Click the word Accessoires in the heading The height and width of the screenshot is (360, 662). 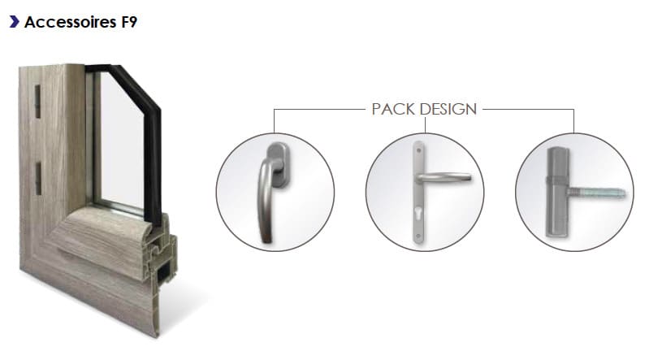(70, 22)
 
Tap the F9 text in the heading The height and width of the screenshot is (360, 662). (129, 22)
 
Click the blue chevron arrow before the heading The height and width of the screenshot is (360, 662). (15, 22)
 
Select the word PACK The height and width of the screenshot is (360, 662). (393, 109)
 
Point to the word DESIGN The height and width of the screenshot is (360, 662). (448, 109)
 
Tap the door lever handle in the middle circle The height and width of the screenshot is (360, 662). (443, 177)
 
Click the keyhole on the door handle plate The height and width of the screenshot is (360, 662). (418, 210)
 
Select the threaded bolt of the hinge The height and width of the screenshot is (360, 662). (596, 193)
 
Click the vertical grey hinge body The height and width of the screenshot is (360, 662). (556, 193)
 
